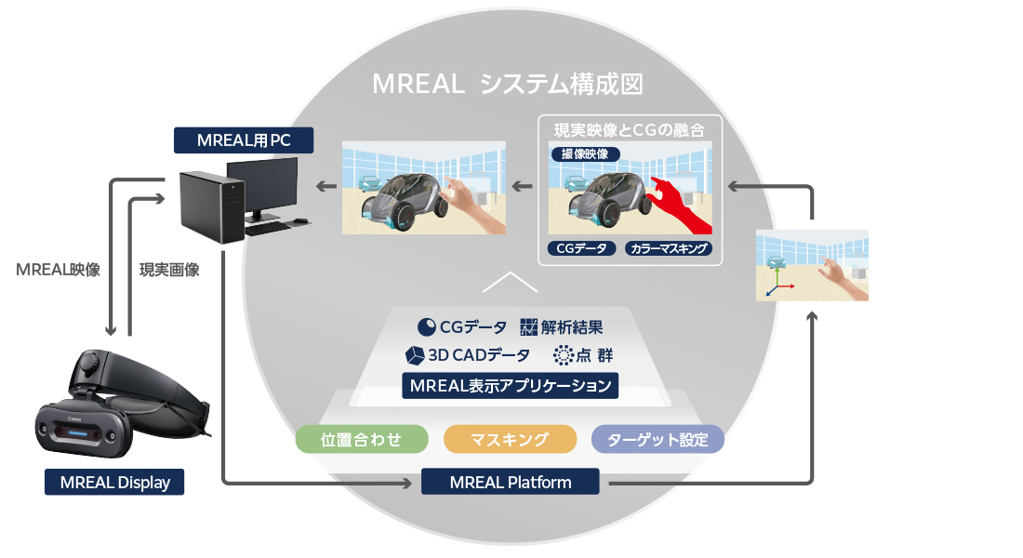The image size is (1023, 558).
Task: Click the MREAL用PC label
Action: coord(244,140)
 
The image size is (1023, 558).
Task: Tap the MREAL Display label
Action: coord(114,482)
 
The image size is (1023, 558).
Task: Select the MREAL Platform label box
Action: coord(510,482)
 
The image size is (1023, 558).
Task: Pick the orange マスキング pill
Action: coord(510,439)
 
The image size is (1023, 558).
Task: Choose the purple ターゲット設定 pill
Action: coord(658,439)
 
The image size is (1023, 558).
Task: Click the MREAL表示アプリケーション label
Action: coord(510,385)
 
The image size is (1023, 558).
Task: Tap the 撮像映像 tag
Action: coord(585,154)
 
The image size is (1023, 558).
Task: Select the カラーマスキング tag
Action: coord(668,248)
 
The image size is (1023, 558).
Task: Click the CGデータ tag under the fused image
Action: coord(581,248)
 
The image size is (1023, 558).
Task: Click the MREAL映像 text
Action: coord(59,270)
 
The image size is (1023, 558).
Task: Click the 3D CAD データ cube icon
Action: coord(414,355)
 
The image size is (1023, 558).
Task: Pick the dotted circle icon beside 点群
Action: coord(562,355)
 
